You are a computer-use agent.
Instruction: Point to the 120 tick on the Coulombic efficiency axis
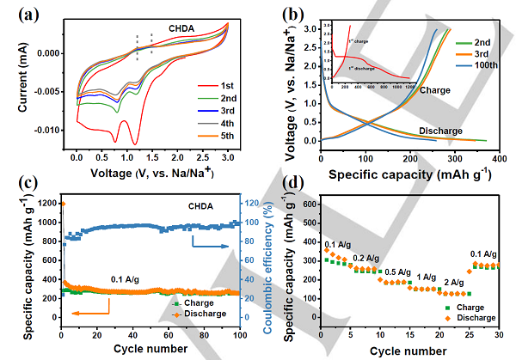click(x=252, y=204)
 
